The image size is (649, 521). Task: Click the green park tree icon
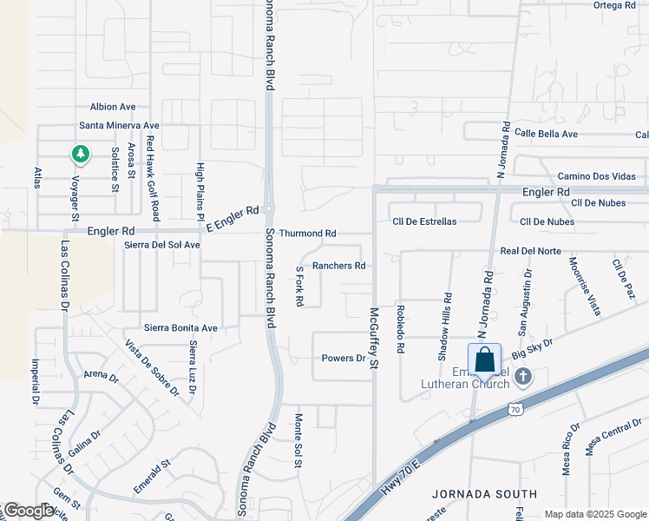81,155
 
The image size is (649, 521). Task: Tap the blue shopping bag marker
484,359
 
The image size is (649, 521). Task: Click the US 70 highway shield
515,408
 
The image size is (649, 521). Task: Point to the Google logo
28,511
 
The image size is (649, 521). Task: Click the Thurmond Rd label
307,234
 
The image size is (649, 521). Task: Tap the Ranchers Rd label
338,266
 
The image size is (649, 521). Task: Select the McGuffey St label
375,338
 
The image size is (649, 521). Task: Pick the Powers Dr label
344,358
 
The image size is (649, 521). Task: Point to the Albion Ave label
113,107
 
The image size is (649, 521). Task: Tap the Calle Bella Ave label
546,134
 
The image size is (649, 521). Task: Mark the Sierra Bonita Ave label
180,328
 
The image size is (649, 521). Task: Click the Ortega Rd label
615,5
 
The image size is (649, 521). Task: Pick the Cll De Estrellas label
424,221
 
